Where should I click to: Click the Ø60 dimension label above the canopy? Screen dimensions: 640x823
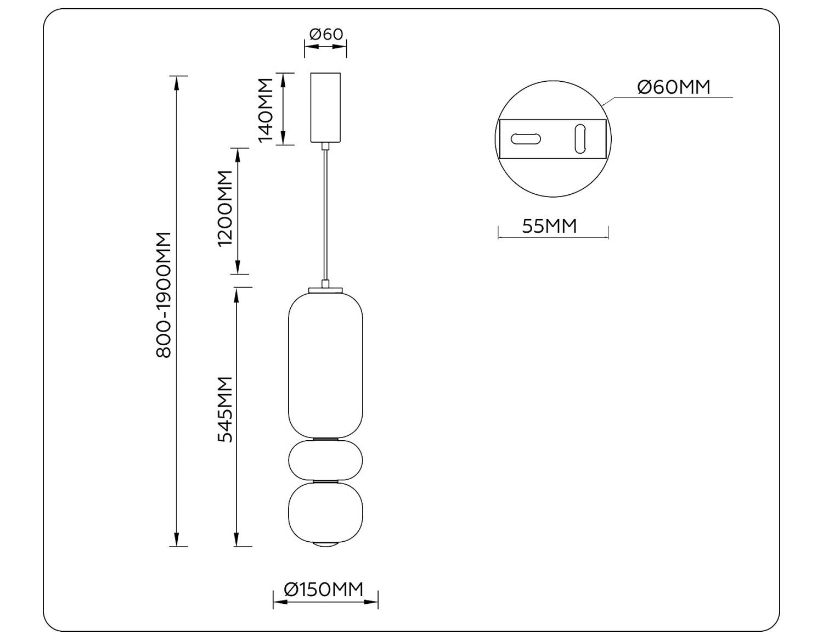[x=326, y=34]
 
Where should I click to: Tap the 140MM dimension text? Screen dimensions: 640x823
[x=266, y=110]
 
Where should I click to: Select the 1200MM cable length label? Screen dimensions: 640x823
[x=226, y=209]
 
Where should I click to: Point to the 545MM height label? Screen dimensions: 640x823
[x=226, y=409]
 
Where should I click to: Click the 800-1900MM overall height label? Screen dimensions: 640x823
[x=164, y=295]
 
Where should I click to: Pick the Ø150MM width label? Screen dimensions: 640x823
[x=324, y=590]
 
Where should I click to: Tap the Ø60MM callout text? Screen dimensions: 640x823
[x=674, y=87]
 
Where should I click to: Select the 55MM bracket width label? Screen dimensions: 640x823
[x=549, y=226]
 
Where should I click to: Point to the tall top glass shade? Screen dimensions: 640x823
[x=325, y=365]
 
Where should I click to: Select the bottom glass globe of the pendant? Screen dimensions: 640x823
[x=325, y=512]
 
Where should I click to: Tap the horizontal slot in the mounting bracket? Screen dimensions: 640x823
[x=525, y=139]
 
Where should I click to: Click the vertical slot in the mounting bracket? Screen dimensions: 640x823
[x=580, y=139]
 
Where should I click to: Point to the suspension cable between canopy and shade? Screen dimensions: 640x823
[x=326, y=214]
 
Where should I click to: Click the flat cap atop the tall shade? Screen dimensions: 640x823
[x=325, y=289]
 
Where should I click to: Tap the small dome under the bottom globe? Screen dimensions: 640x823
[x=325, y=544]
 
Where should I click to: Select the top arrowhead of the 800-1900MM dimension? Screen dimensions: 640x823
[x=177, y=82]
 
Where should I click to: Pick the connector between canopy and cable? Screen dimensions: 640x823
[x=326, y=146]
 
